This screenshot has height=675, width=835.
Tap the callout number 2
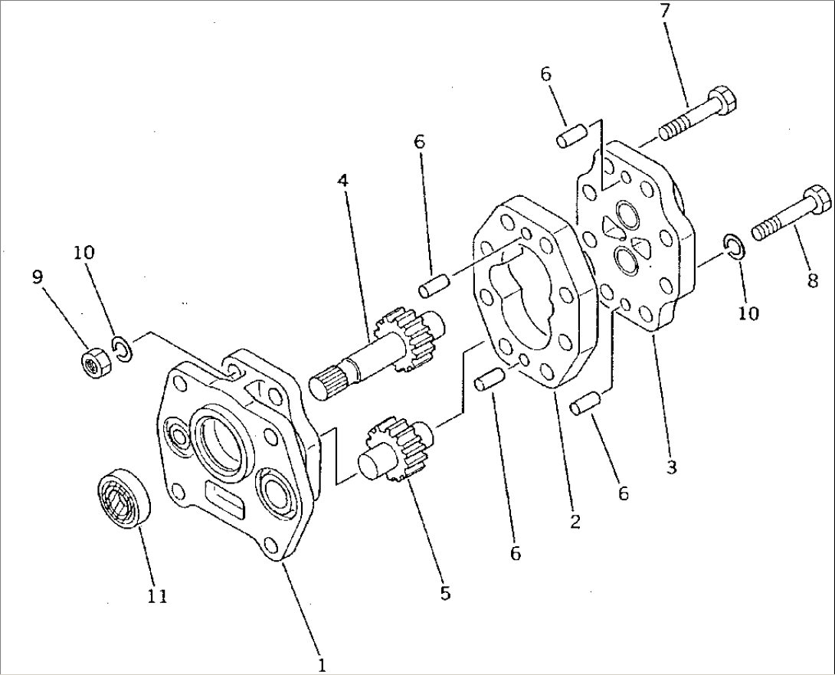575,522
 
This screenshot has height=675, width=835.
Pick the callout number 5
445,592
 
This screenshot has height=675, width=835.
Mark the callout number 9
38,278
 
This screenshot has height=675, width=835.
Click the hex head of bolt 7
725,100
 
